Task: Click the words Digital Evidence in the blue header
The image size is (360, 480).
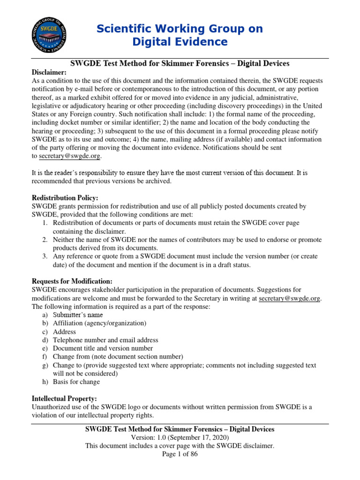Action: click(180, 42)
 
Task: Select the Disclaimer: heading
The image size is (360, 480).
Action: click(49, 72)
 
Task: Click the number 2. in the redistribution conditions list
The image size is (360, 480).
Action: click(45, 240)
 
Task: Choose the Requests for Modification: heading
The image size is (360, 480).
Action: click(72, 281)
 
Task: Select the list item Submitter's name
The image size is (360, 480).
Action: click(78, 315)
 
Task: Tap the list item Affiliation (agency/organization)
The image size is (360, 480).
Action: click(99, 323)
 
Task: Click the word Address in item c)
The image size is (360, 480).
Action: click(65, 332)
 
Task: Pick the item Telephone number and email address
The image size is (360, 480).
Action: click(105, 340)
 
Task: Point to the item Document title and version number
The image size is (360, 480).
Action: click(103, 348)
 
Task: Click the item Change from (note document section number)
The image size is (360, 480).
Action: click(118, 357)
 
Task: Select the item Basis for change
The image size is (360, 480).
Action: click(76, 382)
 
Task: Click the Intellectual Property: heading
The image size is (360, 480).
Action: click(65, 398)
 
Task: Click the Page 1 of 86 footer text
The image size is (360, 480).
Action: click(180, 454)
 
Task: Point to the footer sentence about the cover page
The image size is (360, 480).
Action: click(180, 446)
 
